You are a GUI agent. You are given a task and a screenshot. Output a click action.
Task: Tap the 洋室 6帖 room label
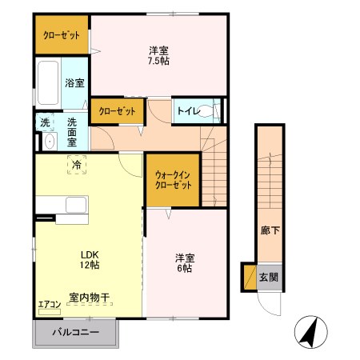pyautogui.click(x=186, y=262)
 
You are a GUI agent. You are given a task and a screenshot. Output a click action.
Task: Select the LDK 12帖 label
pyautogui.click(x=88, y=258)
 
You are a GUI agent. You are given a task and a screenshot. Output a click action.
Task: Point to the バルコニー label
pyautogui.click(x=76, y=331)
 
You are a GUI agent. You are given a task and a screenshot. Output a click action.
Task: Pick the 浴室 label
pyautogui.click(x=74, y=82)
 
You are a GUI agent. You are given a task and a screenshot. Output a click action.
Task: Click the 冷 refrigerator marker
pyautogui.click(x=78, y=165)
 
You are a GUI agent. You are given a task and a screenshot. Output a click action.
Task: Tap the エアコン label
pyautogui.click(x=49, y=305)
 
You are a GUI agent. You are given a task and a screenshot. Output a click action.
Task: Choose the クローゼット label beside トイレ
pyautogui.click(x=117, y=110)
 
